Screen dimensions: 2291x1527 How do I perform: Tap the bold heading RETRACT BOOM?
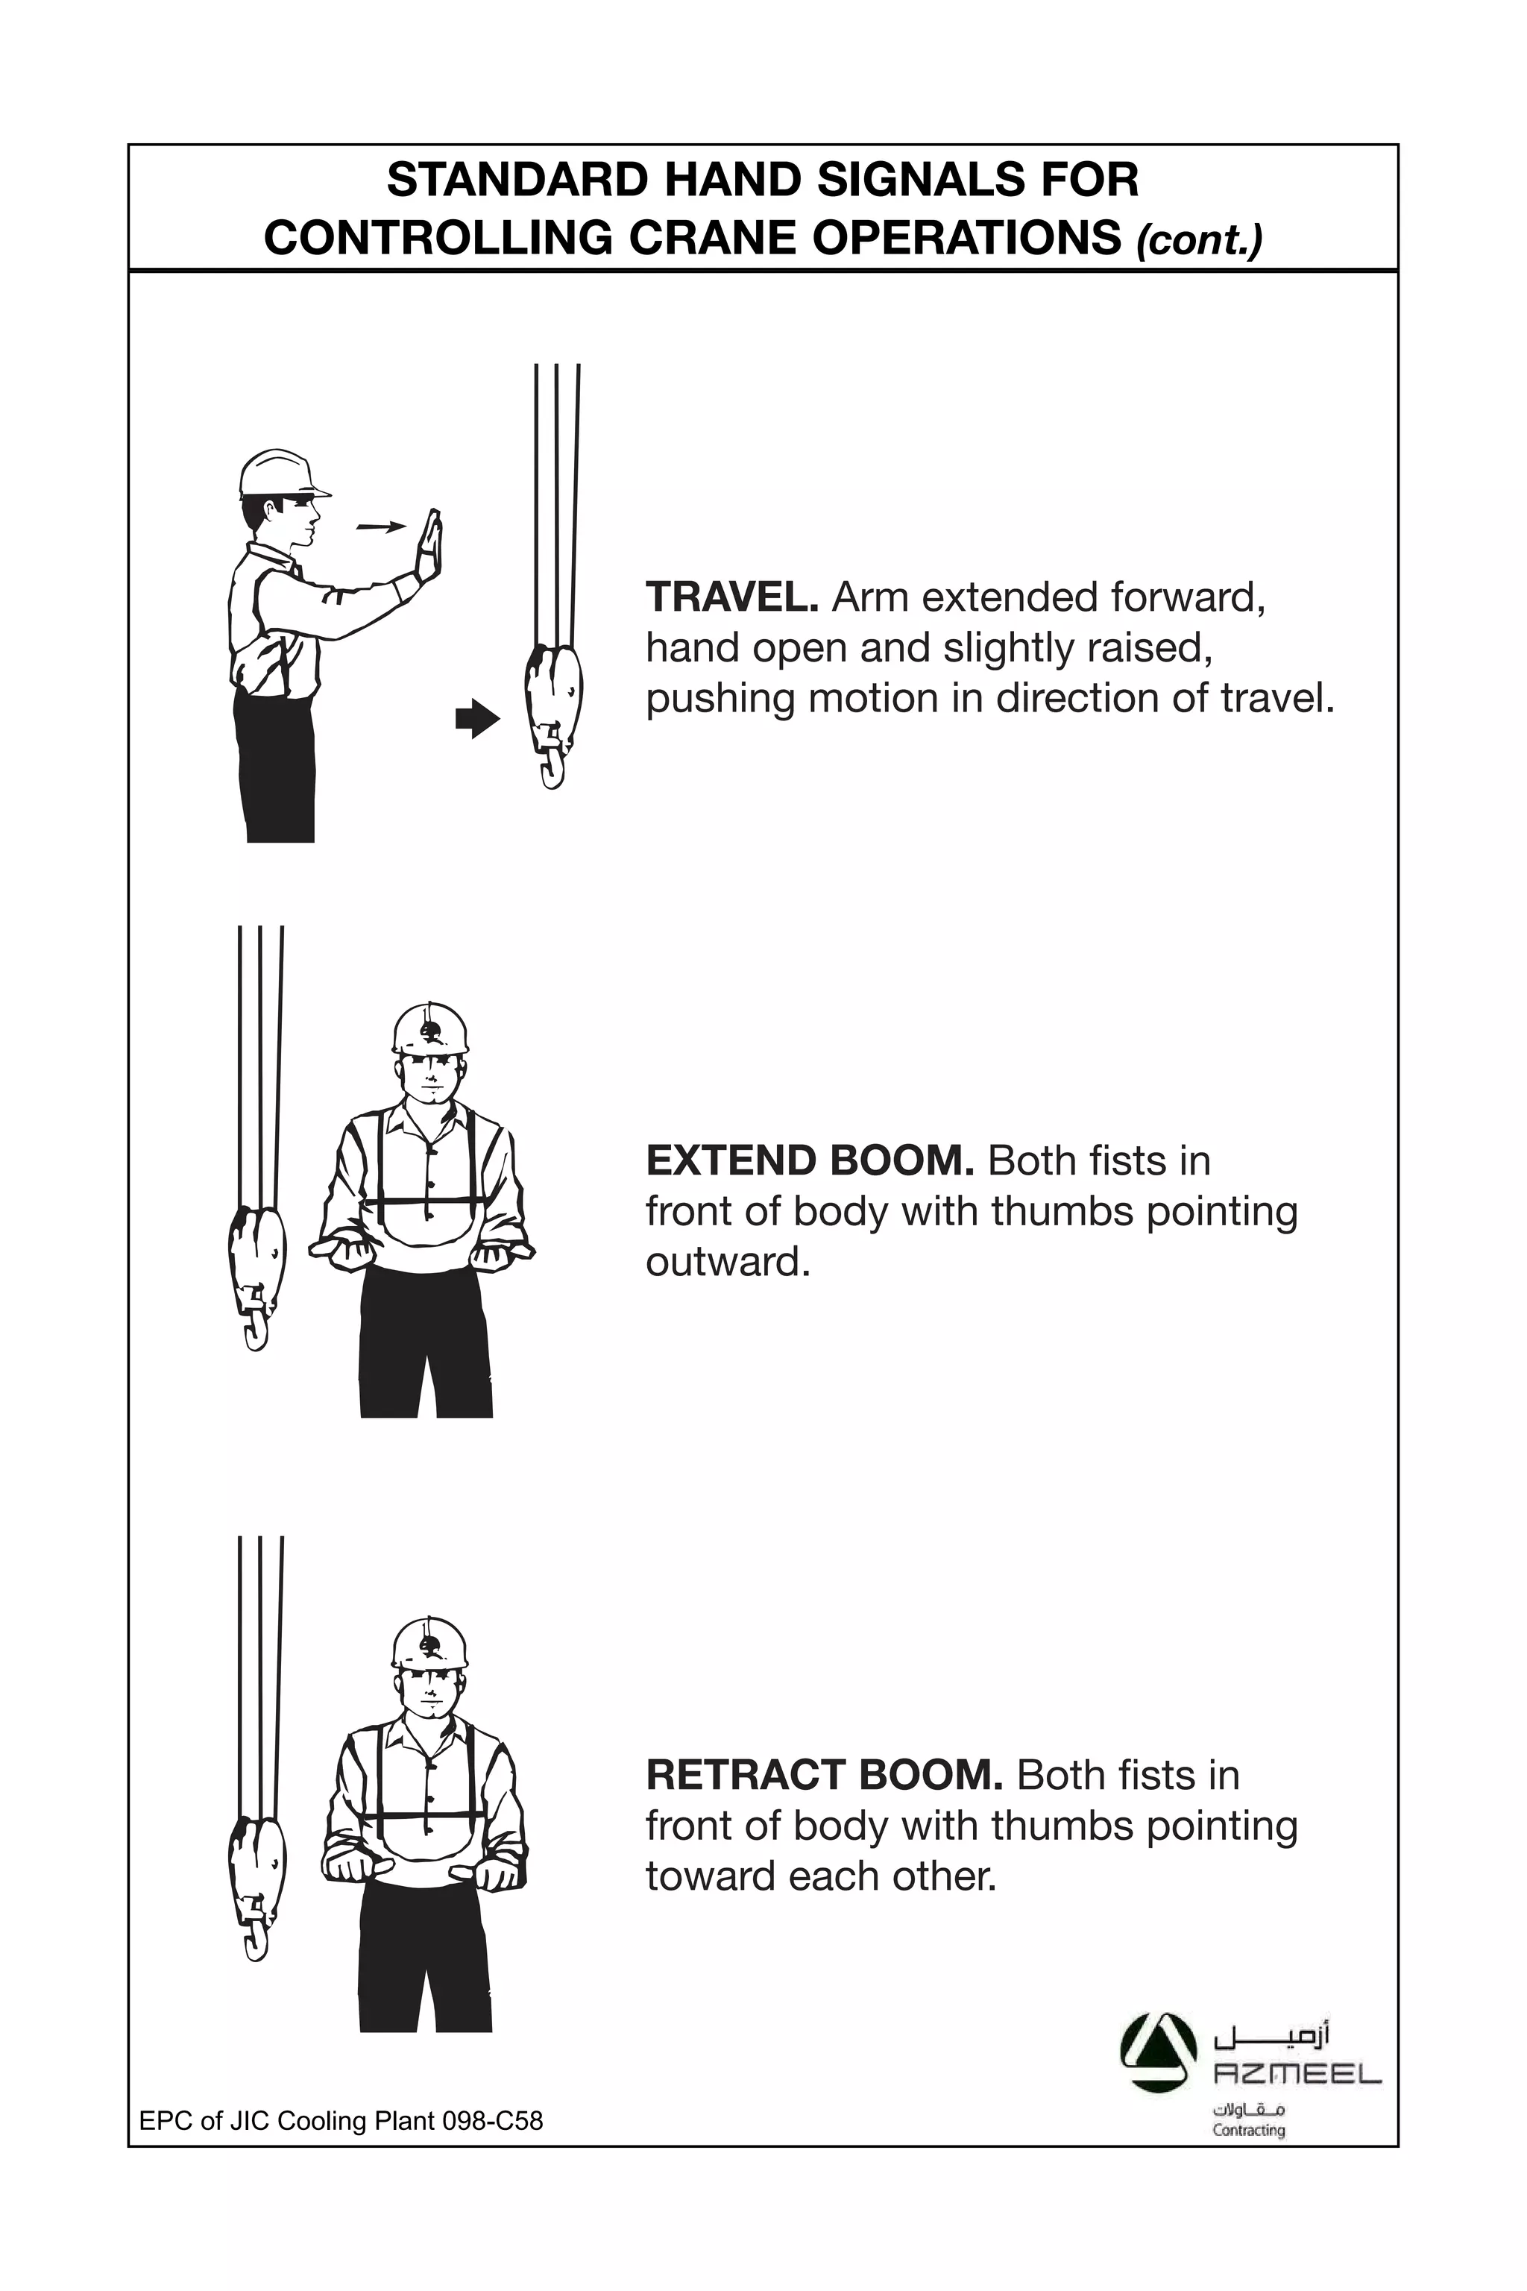click(824, 1776)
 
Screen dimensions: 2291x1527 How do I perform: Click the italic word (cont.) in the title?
click(1198, 239)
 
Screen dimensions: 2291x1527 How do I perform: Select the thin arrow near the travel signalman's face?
click(381, 527)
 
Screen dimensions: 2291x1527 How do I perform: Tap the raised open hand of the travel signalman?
click(429, 544)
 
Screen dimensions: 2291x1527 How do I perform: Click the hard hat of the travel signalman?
click(280, 474)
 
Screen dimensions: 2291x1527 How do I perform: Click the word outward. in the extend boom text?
click(728, 1263)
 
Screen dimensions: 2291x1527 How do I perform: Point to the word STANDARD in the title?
click(516, 181)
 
